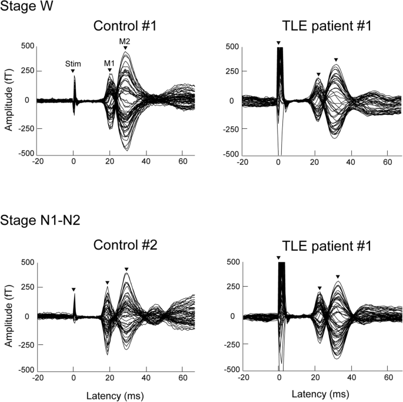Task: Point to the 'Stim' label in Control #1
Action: pyautogui.click(x=73, y=64)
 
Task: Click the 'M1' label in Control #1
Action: pyautogui.click(x=109, y=63)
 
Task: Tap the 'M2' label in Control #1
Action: pyautogui.click(x=125, y=41)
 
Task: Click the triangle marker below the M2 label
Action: pyautogui.click(x=125, y=48)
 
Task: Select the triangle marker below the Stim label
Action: pyautogui.click(x=73, y=71)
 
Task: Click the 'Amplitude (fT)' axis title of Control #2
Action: pyautogui.click(x=8, y=315)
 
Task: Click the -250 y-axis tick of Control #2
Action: pyautogui.click(x=25, y=343)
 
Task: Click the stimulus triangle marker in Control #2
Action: pyautogui.click(x=73, y=290)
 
